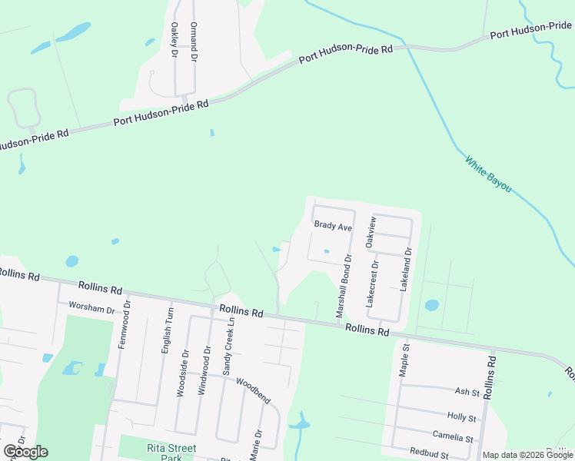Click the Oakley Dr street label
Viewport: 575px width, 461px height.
pos(173,41)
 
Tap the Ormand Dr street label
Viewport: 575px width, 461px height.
pos(194,41)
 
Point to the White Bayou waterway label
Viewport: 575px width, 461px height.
pos(488,174)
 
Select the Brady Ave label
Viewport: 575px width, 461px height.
pos(332,227)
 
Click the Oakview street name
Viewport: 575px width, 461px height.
pos(372,232)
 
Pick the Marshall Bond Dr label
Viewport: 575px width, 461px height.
pos(343,287)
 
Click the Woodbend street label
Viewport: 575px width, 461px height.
pos(253,391)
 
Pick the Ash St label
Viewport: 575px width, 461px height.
pos(467,393)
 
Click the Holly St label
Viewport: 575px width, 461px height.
pos(462,417)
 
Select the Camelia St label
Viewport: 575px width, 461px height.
pos(458,437)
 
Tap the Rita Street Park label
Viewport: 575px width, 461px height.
pos(171,453)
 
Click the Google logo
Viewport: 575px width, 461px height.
pos(25,451)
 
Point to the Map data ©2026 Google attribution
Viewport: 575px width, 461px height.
pos(527,455)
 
